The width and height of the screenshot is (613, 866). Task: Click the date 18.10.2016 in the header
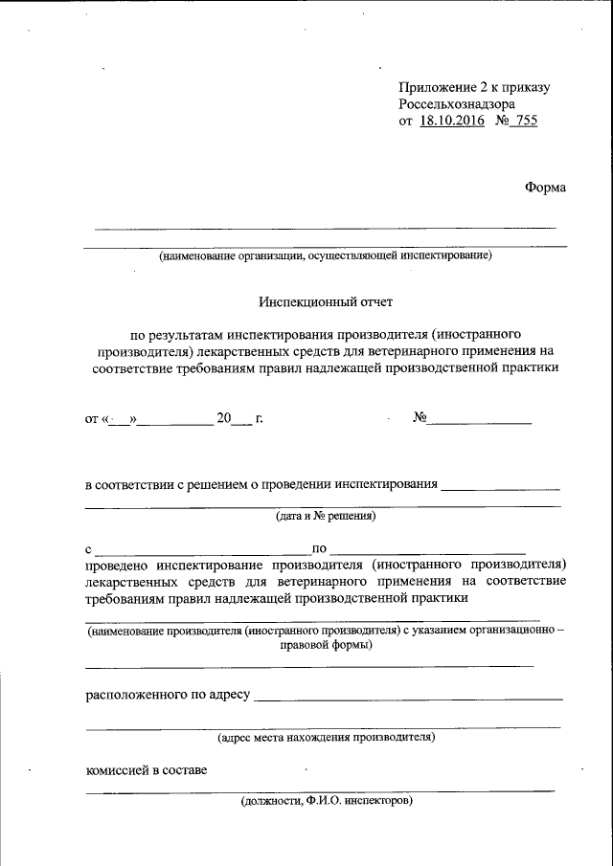coord(452,122)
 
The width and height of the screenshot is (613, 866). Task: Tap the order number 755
coord(526,122)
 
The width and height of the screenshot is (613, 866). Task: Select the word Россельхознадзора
coord(458,104)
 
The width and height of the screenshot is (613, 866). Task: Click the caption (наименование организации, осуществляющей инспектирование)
coord(326,255)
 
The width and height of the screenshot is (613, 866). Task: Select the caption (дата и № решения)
coord(326,516)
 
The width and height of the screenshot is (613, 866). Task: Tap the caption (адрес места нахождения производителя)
coord(326,737)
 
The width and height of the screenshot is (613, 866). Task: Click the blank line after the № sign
coord(478,421)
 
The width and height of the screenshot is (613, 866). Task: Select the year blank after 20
coord(242,421)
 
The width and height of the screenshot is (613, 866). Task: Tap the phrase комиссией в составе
coord(146,769)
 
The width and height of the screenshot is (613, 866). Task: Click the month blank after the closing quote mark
coord(177,421)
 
